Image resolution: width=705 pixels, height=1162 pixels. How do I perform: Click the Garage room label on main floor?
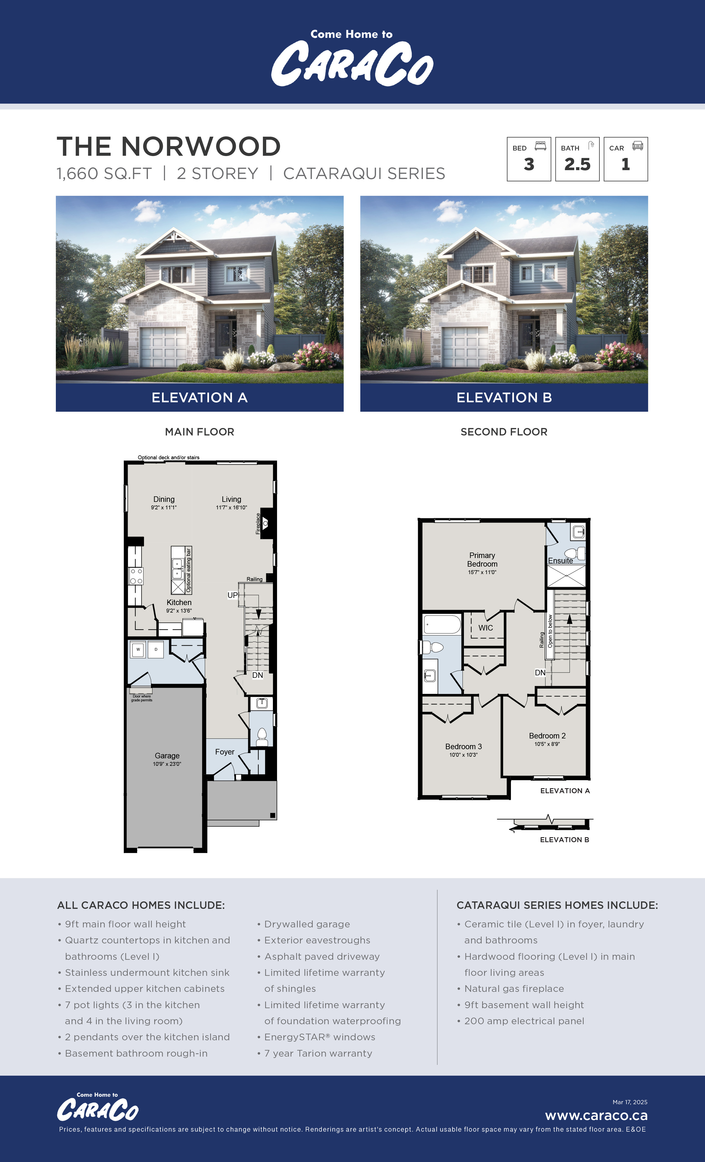[167, 756]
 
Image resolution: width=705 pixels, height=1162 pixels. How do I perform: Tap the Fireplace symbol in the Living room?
[265, 523]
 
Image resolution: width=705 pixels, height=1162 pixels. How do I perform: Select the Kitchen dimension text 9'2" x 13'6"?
[179, 611]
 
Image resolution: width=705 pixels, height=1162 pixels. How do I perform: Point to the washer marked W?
[138, 649]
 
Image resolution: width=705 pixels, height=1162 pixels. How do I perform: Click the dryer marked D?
[156, 649]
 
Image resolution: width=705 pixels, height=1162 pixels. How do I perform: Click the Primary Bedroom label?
[482, 560]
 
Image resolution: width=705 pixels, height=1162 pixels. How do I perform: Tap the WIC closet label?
[485, 628]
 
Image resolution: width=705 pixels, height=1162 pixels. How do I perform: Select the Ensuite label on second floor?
[560, 561]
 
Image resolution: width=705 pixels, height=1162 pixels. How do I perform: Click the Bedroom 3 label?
[463, 746]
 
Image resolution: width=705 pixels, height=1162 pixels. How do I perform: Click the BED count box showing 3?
[529, 159]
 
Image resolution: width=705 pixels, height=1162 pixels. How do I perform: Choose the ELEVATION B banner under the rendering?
[504, 398]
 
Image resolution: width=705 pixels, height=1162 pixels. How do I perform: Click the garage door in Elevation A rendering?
[163, 347]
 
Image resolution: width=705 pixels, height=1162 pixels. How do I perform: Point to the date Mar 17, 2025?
[630, 1102]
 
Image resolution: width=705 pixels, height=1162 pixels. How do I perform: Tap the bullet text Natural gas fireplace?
[514, 989]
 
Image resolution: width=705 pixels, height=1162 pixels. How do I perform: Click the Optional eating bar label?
[189, 570]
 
